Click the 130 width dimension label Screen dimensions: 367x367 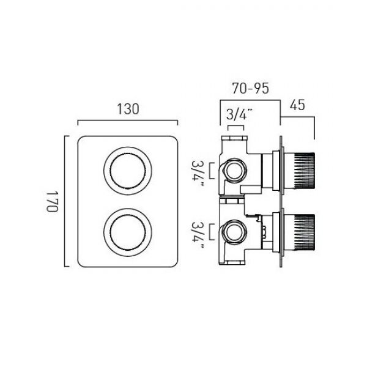(128, 109)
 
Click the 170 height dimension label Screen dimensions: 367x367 (52, 201)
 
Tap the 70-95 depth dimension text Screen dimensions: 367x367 (250, 88)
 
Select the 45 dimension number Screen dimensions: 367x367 (297, 105)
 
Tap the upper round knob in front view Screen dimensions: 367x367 (128, 171)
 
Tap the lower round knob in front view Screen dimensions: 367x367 (128, 232)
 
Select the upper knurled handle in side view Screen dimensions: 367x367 (303, 171)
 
